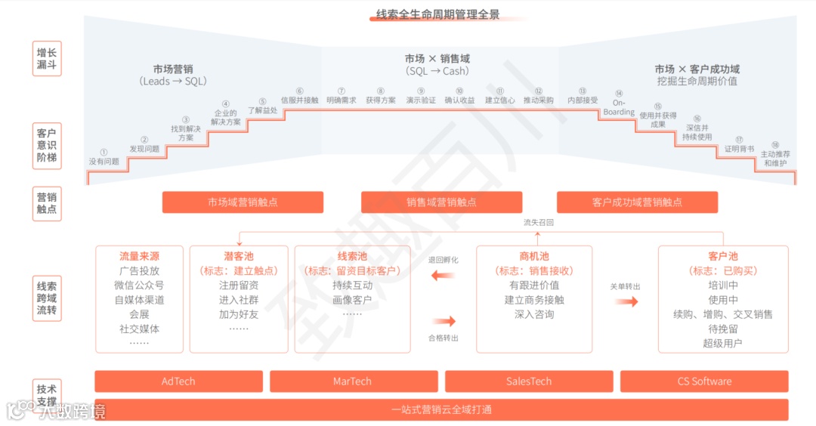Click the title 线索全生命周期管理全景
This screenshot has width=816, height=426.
click(437, 14)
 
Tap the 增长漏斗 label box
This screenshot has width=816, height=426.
click(47, 59)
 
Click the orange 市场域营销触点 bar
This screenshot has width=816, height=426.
click(243, 202)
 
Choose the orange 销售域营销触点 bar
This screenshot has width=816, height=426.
click(441, 202)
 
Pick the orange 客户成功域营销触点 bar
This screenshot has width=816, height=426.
click(637, 202)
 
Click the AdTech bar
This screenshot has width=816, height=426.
click(178, 381)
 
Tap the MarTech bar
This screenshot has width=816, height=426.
click(353, 381)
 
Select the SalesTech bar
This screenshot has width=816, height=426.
click(529, 381)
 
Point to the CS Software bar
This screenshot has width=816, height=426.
click(704, 381)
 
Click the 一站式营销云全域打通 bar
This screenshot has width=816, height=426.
click(441, 409)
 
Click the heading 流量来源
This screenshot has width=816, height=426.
click(139, 256)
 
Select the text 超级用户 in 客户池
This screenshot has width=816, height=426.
click(723, 343)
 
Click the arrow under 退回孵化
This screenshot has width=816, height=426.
click(443, 276)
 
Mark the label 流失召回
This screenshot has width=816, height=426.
click(539, 223)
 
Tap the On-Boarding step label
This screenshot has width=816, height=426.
click(619, 107)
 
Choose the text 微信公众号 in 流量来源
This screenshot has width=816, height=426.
click(139, 286)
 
